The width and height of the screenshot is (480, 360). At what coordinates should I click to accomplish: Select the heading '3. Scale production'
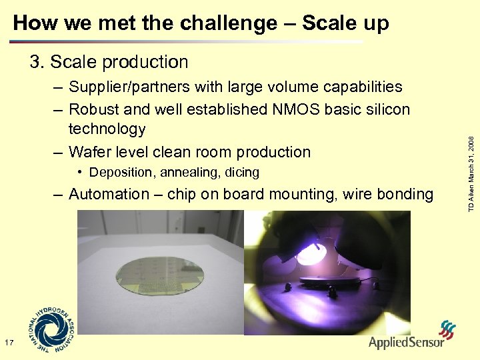tap(109, 62)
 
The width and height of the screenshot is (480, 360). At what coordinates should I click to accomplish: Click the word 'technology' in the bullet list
tap(107, 129)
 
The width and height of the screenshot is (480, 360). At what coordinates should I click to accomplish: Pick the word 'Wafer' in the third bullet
tap(91, 152)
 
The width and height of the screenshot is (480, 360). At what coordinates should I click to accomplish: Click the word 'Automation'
tap(109, 195)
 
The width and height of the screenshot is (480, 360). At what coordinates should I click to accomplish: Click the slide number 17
tap(9, 343)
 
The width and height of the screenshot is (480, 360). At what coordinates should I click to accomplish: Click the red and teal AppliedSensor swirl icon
tap(447, 329)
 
